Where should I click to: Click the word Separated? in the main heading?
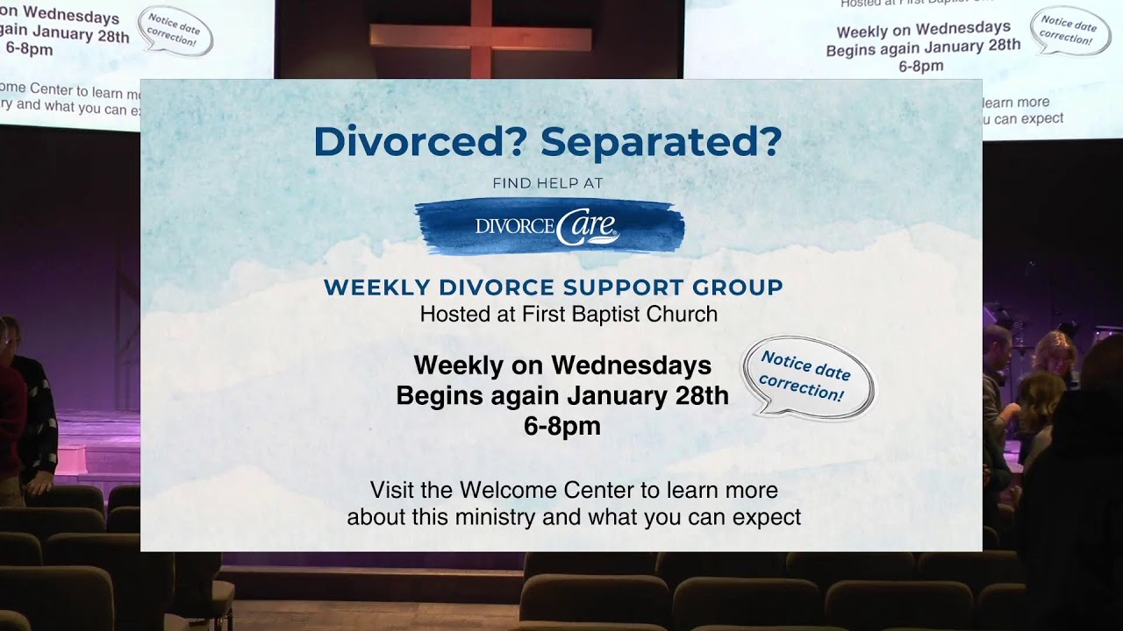(661, 141)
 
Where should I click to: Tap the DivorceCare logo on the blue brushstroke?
(548, 226)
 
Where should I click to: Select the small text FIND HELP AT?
(548, 183)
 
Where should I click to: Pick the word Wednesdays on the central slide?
(631, 365)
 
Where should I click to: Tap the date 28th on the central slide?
(702, 395)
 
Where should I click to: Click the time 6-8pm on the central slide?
(562, 426)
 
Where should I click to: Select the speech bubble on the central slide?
(807, 377)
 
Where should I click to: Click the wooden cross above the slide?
(480, 37)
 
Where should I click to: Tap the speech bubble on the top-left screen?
(175, 32)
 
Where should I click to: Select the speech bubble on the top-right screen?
(1069, 30)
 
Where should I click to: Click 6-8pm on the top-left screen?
(30, 49)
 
